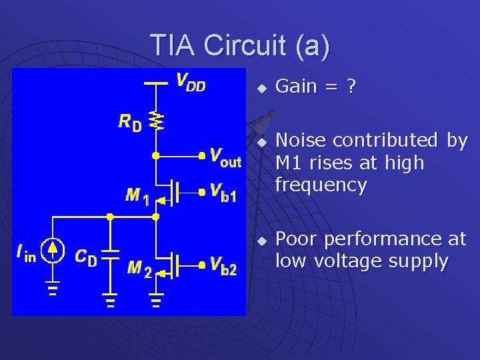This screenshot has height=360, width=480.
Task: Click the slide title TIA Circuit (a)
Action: click(x=239, y=45)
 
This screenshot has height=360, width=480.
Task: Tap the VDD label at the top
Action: click(x=190, y=83)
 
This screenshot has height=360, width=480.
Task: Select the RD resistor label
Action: click(x=130, y=121)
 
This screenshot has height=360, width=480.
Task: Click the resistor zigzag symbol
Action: click(x=156, y=120)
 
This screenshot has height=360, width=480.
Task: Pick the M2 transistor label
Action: click(x=139, y=268)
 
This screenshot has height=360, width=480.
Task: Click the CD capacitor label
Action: click(x=85, y=257)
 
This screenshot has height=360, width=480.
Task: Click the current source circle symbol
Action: click(x=53, y=250)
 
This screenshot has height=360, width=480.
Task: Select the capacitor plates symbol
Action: click(x=110, y=253)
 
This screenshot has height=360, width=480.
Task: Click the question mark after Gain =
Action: click(x=351, y=86)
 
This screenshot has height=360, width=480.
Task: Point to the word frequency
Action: click(x=321, y=185)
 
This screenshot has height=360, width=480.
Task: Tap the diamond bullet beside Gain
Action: click(x=263, y=88)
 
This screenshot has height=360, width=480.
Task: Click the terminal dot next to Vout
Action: click(x=201, y=156)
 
